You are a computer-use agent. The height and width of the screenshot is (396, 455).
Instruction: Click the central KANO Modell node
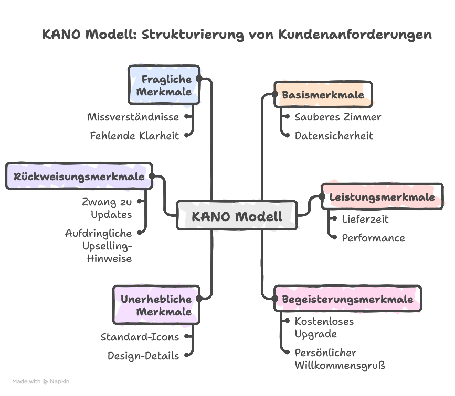(237, 216)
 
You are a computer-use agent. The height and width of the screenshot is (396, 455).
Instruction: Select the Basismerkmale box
(323, 95)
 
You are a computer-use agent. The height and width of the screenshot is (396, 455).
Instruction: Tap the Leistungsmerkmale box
(382, 197)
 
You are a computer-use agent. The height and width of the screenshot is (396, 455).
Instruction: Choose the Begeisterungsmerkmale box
(347, 299)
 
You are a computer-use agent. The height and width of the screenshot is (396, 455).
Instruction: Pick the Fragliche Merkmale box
(164, 85)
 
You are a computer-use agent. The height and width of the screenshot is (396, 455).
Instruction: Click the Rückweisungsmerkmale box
(79, 177)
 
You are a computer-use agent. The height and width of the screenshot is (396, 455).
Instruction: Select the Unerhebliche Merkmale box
(156, 305)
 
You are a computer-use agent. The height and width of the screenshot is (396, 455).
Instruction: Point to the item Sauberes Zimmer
(337, 117)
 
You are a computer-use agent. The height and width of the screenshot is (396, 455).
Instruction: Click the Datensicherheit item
(334, 136)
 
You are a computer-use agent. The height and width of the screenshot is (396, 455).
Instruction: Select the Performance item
(373, 238)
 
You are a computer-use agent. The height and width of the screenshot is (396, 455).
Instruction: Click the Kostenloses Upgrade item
(324, 328)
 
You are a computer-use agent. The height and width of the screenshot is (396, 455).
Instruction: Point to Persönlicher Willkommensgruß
(340, 359)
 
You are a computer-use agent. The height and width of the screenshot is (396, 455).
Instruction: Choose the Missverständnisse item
(133, 117)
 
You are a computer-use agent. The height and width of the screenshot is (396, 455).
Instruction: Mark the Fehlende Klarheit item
(134, 136)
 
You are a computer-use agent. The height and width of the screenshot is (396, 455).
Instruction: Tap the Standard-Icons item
(140, 337)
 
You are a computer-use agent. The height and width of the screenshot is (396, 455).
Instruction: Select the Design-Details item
(143, 356)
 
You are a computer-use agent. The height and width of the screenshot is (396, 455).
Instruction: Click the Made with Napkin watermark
(41, 382)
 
